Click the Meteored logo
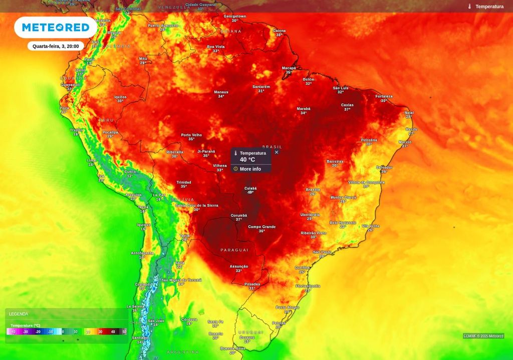pyautogui.click(x=55, y=28)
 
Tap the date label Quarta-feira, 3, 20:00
pyautogui.click(x=56, y=46)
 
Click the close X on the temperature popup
pyautogui.click(x=277, y=152)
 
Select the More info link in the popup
pyautogui.click(x=250, y=169)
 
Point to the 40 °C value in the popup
pyautogui.click(x=247, y=160)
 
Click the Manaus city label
pyautogui.click(x=221, y=92)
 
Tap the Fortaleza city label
pyautogui.click(x=384, y=96)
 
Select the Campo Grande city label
pyautogui.click(x=262, y=227)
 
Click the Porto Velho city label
pyautogui.click(x=191, y=135)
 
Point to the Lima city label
pyautogui.click(x=91, y=160)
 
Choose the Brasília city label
pyautogui.click(x=313, y=190)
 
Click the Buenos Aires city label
pyautogui.click(x=232, y=348)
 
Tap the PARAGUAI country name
pyautogui.click(x=234, y=250)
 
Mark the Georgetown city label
pyautogui.click(x=235, y=16)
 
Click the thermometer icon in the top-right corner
pyautogui.click(x=470, y=7)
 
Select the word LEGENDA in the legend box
pyautogui.click(x=19, y=314)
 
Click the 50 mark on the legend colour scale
pyautogui.click(x=124, y=331)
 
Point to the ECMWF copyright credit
pyautogui.click(x=483, y=336)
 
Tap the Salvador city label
pyautogui.click(x=384, y=167)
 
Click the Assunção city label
pyautogui.click(x=239, y=266)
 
